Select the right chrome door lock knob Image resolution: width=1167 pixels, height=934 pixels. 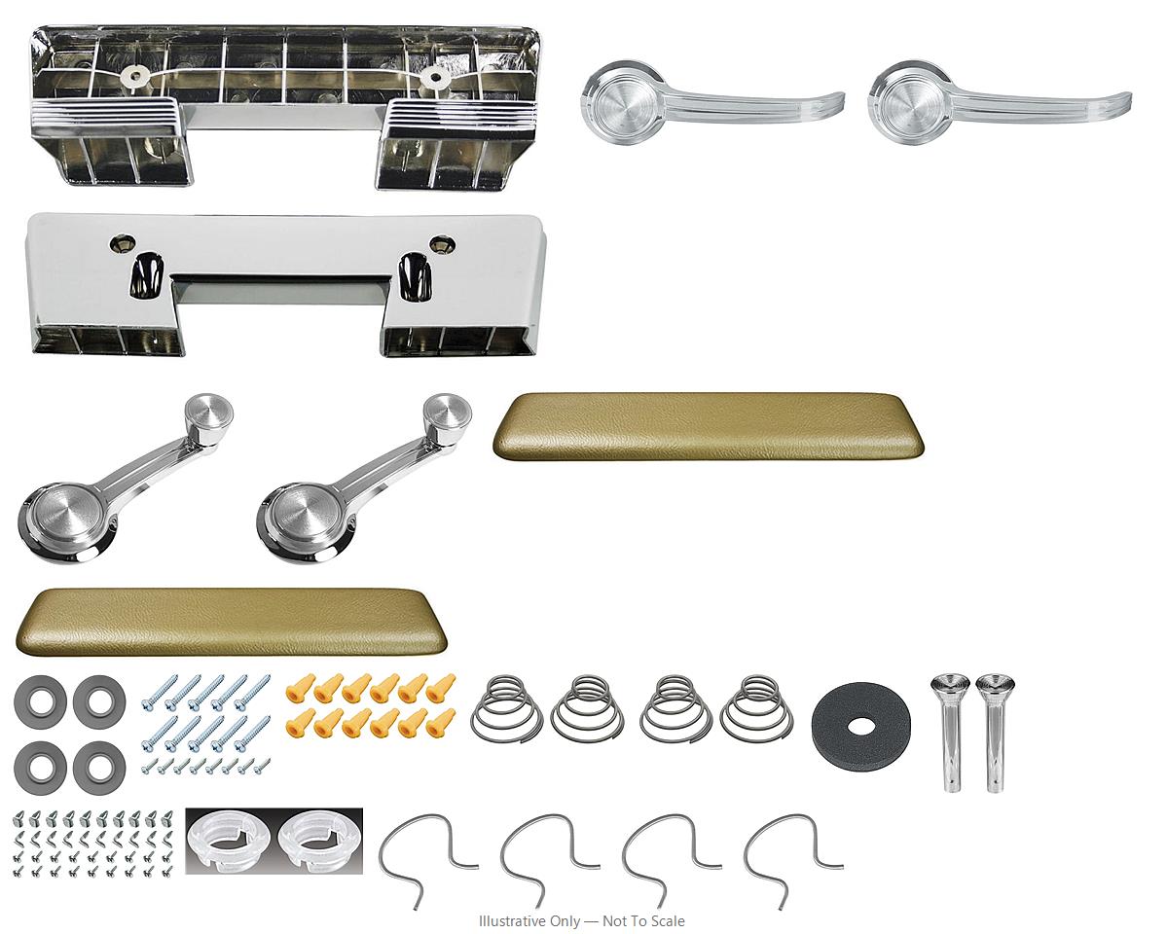click(995, 732)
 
